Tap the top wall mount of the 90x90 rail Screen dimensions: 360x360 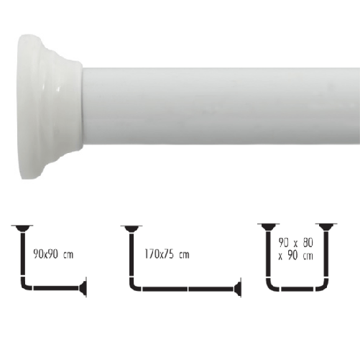point(22,228)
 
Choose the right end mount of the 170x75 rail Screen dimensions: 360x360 point(236,290)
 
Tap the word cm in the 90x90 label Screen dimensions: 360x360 point(68,254)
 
